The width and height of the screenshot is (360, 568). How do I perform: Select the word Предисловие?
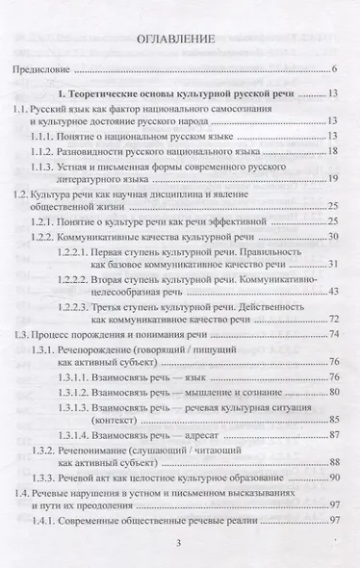coord(39,70)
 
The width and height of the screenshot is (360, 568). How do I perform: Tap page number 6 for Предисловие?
coord(332,70)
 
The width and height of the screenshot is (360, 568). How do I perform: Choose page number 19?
coord(330,179)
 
